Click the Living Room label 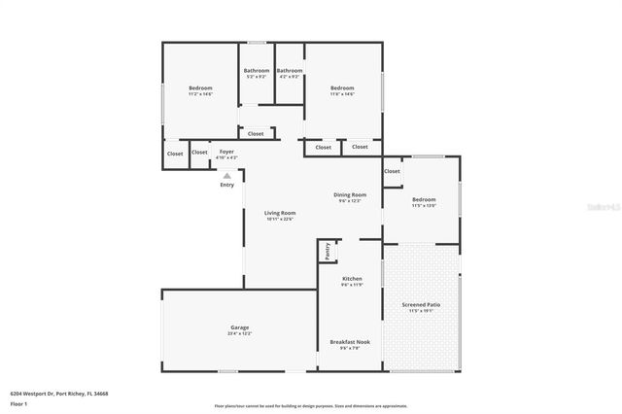[280, 213]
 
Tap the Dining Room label [350, 195]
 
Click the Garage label [240, 328]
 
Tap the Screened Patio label [421, 305]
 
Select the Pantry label [326, 252]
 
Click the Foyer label [226, 152]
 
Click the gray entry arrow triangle [226, 176]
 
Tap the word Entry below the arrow [226, 185]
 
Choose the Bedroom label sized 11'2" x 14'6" [200, 88]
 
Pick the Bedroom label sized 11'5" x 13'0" [424, 199]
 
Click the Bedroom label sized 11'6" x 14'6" [342, 88]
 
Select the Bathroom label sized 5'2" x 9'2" [257, 70]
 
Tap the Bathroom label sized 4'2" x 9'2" [290, 70]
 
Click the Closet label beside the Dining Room [392, 171]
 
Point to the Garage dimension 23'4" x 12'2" [240, 333]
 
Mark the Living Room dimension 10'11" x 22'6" [280, 219]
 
